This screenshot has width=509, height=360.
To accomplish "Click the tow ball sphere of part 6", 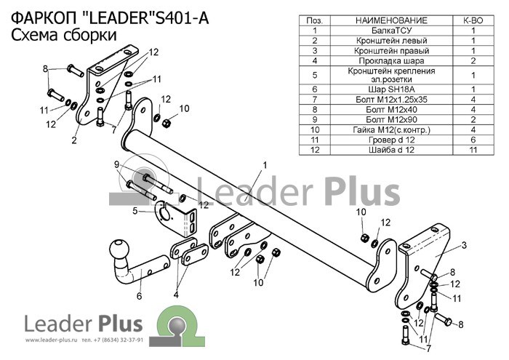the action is [119, 249].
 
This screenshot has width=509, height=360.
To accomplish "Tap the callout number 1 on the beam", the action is [265, 165].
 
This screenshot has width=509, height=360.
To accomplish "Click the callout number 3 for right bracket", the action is [464, 245].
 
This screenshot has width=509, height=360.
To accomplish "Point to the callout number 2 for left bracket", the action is [74, 140].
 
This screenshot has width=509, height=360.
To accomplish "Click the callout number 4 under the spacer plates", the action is [176, 295].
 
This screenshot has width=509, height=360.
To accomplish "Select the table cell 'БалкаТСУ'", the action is [391, 31].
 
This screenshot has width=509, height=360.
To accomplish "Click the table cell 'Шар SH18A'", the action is [391, 89].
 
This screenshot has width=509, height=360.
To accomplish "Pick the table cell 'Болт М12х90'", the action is [391, 119].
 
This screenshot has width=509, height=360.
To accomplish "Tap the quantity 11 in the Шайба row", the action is [473, 150].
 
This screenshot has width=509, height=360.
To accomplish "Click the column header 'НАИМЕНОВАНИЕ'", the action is [391, 20].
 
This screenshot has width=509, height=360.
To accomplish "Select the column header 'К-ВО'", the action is [473, 20].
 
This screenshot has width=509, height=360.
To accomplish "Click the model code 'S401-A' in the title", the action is [182, 18].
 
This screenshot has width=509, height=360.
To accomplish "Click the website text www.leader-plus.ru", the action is [51, 340].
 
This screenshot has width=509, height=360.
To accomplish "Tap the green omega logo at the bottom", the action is [177, 327].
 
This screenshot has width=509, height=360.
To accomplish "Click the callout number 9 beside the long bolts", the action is [117, 164].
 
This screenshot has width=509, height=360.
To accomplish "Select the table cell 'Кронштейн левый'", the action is [391, 41].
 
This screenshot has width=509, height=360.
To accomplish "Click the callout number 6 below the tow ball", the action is [140, 296].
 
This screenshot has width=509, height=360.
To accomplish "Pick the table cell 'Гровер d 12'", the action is [391, 140].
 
